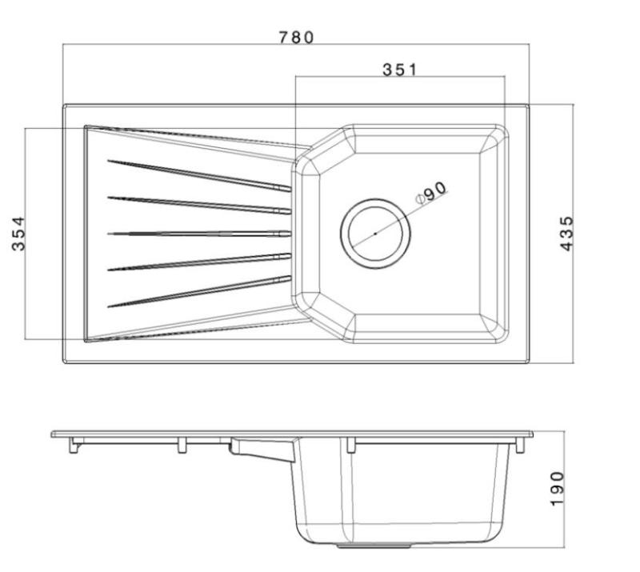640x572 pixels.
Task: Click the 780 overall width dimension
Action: tap(297, 38)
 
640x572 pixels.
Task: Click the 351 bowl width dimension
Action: tap(399, 69)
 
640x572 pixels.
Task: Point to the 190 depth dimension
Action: tap(558, 488)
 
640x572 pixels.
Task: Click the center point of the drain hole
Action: tap(375, 233)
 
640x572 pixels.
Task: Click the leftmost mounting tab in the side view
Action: tap(74, 446)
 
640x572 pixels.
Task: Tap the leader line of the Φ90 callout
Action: tap(400, 214)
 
